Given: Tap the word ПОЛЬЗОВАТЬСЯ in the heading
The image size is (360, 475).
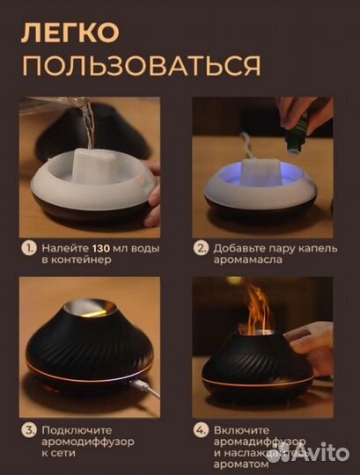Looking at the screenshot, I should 140,65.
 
